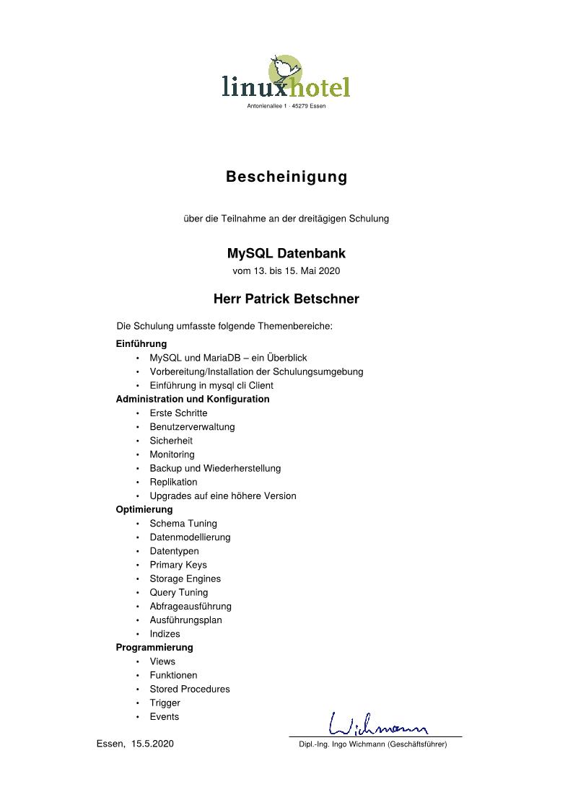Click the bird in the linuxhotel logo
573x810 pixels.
pyautogui.click(x=286, y=69)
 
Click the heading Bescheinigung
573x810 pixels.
pyautogui.click(x=286, y=177)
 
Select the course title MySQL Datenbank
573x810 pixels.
pyautogui.click(x=286, y=254)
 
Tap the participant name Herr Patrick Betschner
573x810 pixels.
pyautogui.click(x=286, y=299)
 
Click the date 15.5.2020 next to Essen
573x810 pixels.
pyautogui.click(x=152, y=744)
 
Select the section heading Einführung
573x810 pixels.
pyautogui.click(x=141, y=344)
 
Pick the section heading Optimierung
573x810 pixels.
pyautogui.click(x=144, y=509)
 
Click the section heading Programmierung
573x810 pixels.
pyautogui.click(x=154, y=647)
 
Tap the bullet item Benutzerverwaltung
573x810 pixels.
pyautogui.click(x=192, y=427)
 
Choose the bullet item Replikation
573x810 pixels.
pyautogui.click(x=173, y=482)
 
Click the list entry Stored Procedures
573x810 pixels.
pyautogui.click(x=190, y=689)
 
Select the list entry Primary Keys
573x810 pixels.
pyautogui.click(x=178, y=565)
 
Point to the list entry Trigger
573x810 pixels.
pyautogui.click(x=165, y=703)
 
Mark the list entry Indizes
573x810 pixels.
pyautogui.click(x=165, y=634)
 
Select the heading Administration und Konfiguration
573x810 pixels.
pyautogui.click(x=193, y=399)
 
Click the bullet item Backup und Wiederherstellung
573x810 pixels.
pyautogui.click(x=215, y=468)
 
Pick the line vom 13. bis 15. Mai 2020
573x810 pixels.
pyautogui.click(x=286, y=271)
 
